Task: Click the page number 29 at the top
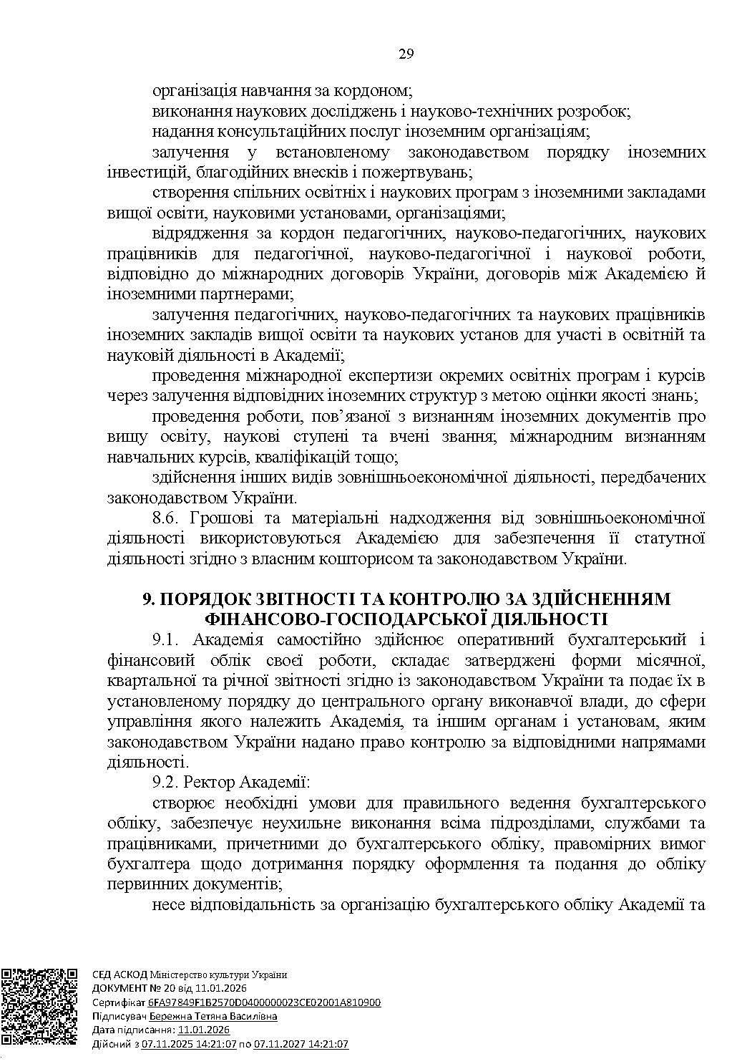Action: (x=406, y=55)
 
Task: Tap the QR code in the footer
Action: (x=39, y=1007)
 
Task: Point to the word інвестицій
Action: (x=141, y=173)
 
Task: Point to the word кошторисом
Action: (x=386, y=558)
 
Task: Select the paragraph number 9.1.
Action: (x=167, y=639)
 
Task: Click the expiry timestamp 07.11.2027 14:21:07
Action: (x=301, y=1044)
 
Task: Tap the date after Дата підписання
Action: (x=203, y=1030)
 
